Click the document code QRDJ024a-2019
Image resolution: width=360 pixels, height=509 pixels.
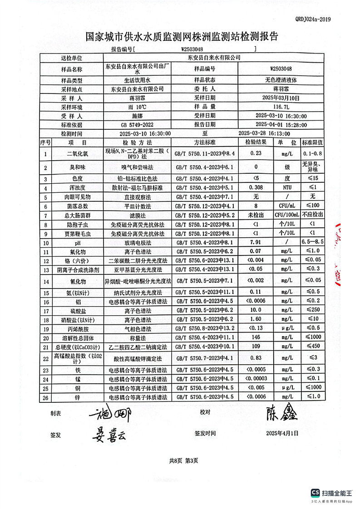(313, 19)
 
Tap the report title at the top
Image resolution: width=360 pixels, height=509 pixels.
(182, 37)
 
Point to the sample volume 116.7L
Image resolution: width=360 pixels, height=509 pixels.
(281, 107)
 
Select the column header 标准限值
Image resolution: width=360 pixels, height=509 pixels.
(312, 142)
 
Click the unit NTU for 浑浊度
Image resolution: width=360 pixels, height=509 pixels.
(286, 187)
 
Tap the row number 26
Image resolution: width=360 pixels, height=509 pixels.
(45, 397)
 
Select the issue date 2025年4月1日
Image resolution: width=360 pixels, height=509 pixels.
(282, 433)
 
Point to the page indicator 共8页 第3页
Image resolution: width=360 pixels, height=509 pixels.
(183, 460)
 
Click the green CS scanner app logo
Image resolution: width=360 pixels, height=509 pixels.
(315, 493)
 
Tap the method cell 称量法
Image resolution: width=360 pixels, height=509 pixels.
(137, 338)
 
